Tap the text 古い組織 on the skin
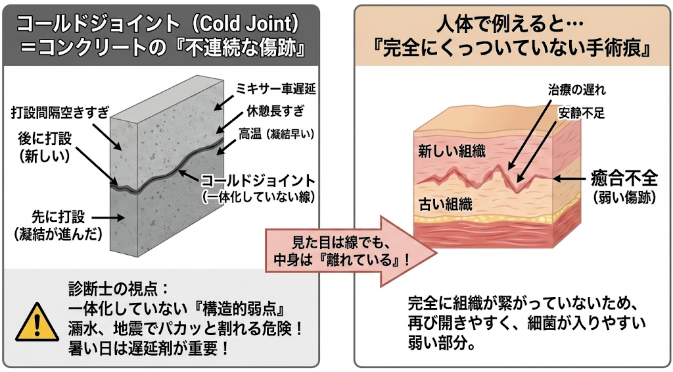click(x=446, y=204)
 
